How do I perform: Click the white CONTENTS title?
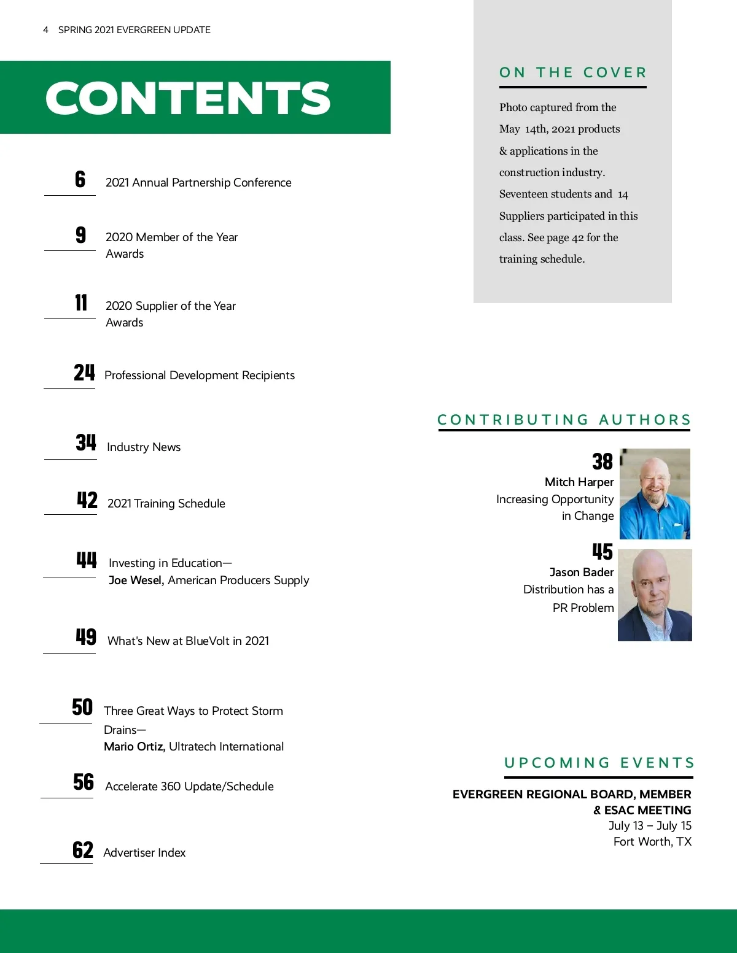point(188,98)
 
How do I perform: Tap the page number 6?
point(80,179)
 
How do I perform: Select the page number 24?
point(84,372)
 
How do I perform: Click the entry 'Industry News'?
point(144,447)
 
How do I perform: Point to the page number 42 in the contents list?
point(87,500)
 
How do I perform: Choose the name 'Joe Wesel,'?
point(136,581)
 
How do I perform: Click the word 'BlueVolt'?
point(207,641)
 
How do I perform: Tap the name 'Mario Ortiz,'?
point(134,747)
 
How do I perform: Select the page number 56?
point(84,782)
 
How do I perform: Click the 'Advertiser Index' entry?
point(144,853)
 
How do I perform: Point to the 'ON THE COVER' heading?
point(573,73)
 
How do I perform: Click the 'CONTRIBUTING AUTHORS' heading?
point(564,420)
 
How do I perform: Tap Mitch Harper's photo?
point(655,494)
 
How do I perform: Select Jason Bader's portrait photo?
point(655,595)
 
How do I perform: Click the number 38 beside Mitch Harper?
point(602,461)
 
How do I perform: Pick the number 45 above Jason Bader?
point(602,552)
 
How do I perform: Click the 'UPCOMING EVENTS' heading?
point(599,763)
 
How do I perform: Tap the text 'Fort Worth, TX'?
point(652,842)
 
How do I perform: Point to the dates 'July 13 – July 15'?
point(650,826)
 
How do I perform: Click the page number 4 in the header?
point(45,30)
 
